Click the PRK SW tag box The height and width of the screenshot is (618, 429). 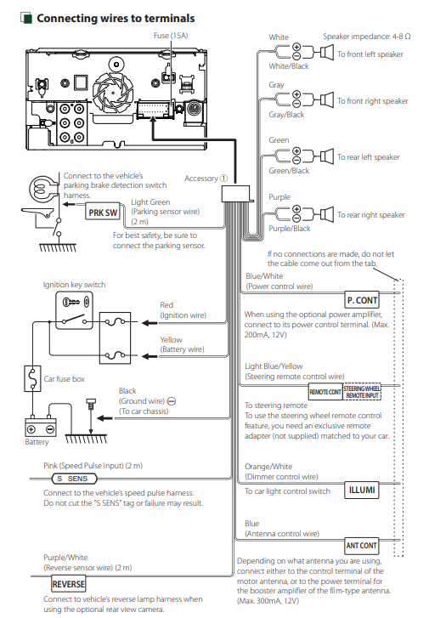point(103,213)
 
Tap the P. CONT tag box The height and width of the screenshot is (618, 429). point(362,300)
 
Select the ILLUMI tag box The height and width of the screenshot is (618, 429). point(362,490)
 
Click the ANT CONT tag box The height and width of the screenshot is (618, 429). point(362,546)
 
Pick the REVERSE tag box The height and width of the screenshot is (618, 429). point(69,584)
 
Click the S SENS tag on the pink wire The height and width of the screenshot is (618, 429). point(75,479)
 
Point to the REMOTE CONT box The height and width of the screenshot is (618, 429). point(325,392)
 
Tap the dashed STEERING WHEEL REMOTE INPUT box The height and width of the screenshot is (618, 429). point(362,392)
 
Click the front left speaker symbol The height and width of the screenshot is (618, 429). point(327,53)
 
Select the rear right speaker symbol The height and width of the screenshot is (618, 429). point(327,214)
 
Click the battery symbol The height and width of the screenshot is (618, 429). point(40,427)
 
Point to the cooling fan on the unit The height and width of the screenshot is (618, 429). point(113,93)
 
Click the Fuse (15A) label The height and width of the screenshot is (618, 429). point(171,36)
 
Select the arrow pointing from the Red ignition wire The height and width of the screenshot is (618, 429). point(150,323)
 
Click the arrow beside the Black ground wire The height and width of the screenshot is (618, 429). point(104,418)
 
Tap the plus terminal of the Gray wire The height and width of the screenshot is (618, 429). point(296,94)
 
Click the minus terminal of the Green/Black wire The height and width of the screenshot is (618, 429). point(296,160)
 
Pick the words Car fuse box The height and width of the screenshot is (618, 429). point(65,379)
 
